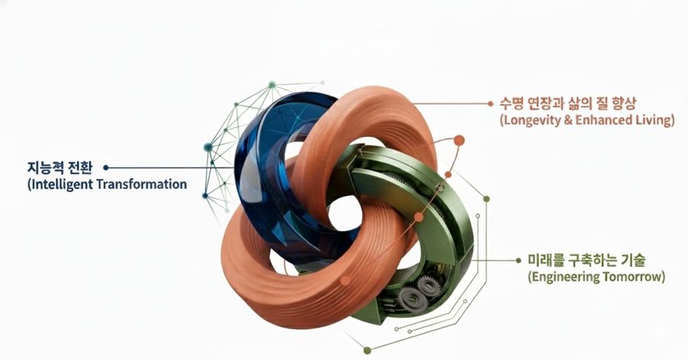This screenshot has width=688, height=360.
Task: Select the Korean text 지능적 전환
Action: point(59,167)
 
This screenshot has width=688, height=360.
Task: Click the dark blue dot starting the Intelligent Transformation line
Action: point(106,167)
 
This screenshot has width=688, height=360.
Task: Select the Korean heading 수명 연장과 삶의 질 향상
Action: point(567,104)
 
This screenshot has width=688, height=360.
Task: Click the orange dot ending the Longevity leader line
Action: point(491,104)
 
